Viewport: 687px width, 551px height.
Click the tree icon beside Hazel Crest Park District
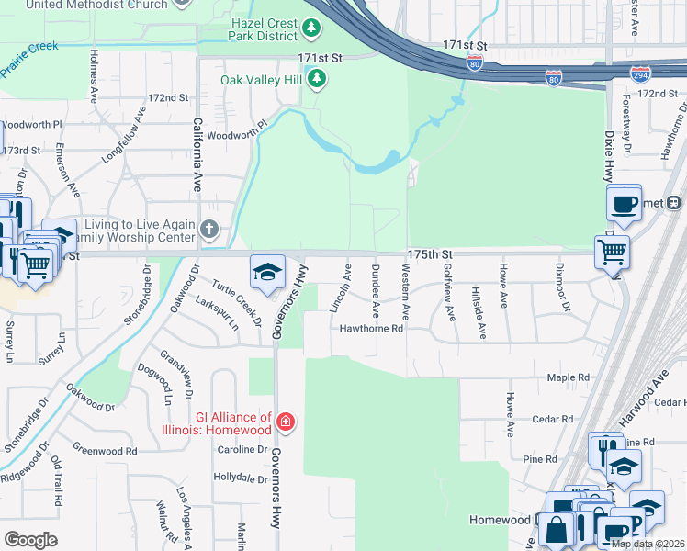point(312,30)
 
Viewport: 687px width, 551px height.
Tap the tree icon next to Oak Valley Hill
point(317,79)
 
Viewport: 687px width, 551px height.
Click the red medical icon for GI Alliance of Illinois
point(287,422)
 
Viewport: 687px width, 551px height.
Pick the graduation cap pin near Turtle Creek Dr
point(267,273)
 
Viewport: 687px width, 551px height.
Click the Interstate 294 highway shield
point(642,73)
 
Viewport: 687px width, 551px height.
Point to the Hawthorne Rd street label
point(372,328)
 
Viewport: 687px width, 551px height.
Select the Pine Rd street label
point(539,458)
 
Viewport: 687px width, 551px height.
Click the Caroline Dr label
point(242,449)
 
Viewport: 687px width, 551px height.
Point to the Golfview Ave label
point(449,293)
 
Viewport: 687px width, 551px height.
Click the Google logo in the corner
point(30,539)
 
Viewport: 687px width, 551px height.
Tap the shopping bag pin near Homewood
point(557,530)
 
